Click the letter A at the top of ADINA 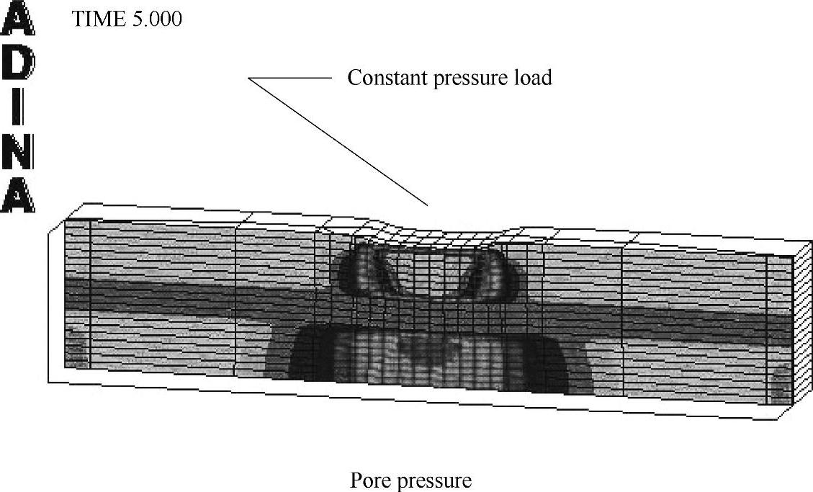coord(18,22)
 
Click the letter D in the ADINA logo coord(18,65)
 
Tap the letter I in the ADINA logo coord(18,108)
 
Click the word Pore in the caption coord(369,480)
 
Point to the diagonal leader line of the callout coord(338,141)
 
